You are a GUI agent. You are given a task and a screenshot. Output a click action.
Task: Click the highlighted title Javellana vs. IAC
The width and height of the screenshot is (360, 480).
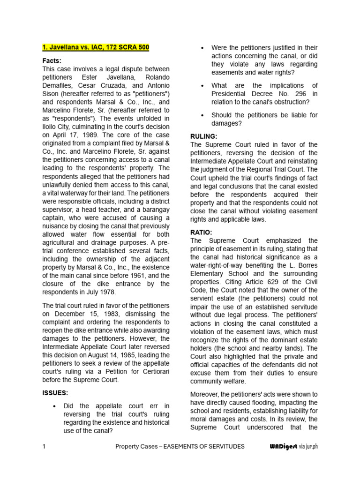96,47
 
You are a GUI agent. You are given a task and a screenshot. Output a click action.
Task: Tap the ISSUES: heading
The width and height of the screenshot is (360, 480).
55,393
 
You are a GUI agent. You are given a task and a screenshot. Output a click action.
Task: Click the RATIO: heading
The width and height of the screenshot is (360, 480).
202,232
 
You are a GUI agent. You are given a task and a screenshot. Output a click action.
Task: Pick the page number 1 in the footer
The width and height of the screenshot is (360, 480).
44,446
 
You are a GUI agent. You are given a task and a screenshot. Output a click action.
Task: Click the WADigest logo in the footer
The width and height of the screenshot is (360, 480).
281,446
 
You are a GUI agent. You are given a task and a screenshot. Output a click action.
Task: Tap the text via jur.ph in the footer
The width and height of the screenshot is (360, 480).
308,446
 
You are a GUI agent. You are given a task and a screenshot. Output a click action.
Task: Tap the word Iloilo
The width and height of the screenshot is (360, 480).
50,118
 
